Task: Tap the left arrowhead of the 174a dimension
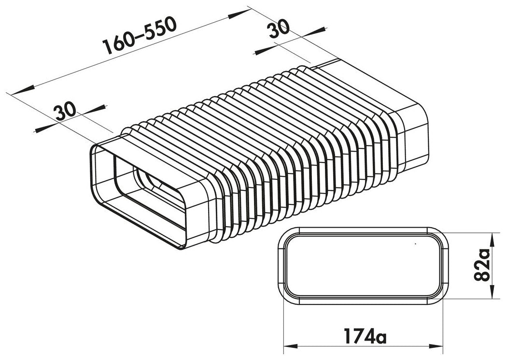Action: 290,345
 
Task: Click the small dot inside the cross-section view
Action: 415,245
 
